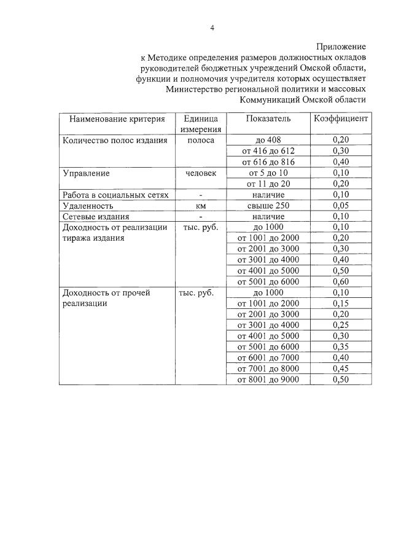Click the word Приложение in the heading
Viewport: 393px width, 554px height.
(341, 46)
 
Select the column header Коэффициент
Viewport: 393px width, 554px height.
(340, 118)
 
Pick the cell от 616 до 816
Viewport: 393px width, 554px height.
(268, 162)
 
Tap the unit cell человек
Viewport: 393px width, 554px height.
(200, 173)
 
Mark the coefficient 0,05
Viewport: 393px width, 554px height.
(340, 206)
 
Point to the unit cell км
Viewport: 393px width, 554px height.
(200, 206)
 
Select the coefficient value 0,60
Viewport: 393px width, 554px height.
(340, 282)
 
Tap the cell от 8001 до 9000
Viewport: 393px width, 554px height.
(268, 380)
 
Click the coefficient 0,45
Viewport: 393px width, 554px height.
(340, 369)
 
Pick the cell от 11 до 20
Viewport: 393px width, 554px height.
(268, 184)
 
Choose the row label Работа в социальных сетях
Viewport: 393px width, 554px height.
(115, 195)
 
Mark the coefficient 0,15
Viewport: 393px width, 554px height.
(340, 303)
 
